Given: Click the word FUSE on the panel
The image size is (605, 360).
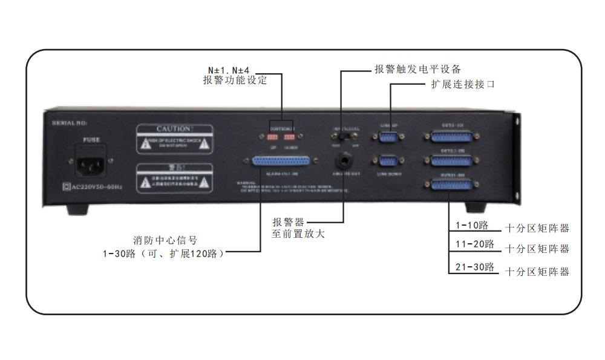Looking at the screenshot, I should tap(91, 140).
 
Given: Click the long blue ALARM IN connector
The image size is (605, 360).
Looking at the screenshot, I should tap(280, 162).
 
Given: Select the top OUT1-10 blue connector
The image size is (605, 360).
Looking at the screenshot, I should tap(450, 139).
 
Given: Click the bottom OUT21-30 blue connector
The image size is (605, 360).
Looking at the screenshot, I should tap(450, 185).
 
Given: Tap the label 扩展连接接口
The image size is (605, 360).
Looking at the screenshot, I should tap(463, 84).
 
